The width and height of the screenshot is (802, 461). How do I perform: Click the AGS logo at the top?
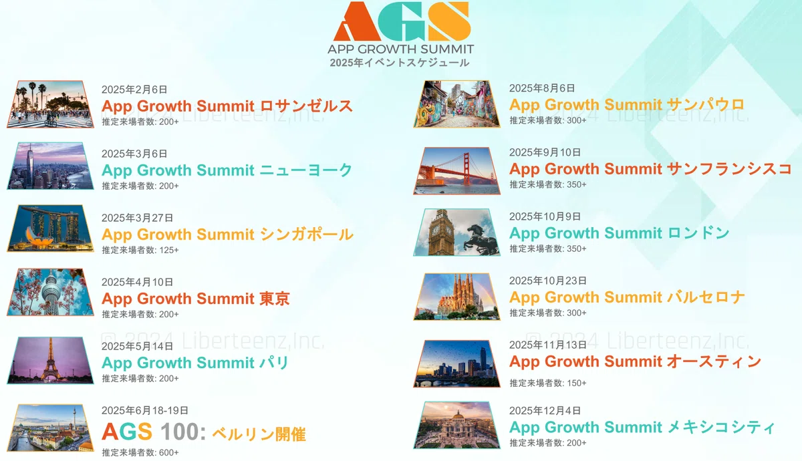402,21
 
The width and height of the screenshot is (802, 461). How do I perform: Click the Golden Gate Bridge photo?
457,171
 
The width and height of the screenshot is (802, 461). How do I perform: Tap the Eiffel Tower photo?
51,360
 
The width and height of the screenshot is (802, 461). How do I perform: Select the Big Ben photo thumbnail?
457,233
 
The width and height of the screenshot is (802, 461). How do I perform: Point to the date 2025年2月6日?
134,90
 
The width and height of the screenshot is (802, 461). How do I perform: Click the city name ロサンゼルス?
307,106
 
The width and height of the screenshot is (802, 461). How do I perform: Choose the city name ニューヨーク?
306,170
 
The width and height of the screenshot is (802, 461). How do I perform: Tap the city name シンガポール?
307,235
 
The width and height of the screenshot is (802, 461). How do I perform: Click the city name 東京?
275,299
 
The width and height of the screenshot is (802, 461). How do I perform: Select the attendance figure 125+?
169,250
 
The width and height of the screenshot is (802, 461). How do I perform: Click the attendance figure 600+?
169,452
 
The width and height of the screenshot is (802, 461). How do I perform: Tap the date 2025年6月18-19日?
145,410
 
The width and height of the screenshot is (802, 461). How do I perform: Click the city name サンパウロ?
706,104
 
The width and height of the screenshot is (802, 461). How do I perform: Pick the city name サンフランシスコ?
730,169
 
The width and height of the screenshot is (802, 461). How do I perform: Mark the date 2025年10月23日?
548,281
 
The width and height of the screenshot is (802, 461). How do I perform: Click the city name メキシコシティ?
721,427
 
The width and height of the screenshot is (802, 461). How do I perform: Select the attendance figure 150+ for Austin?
577,383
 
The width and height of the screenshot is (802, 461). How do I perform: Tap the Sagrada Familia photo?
457,297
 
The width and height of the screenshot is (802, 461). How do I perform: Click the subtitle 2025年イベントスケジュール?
400,63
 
